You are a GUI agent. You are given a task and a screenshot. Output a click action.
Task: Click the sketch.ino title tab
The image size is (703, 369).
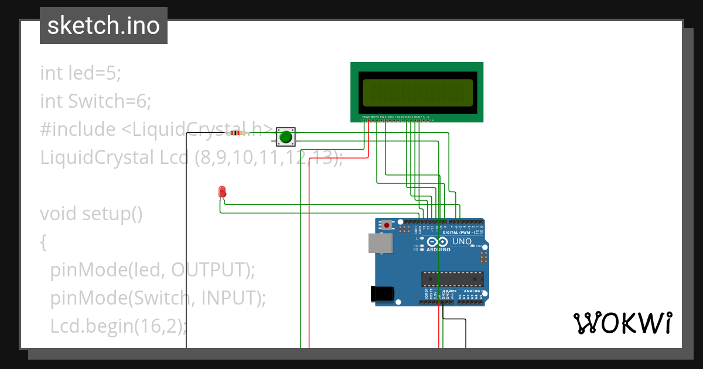click(104, 26)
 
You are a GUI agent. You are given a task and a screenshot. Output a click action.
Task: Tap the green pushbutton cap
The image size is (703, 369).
click(286, 137)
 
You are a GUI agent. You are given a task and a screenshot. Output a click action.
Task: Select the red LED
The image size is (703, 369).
click(222, 192)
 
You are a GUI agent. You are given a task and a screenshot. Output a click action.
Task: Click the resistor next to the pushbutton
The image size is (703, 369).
click(237, 133)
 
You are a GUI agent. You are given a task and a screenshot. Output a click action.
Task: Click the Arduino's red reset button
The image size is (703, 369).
click(387, 224)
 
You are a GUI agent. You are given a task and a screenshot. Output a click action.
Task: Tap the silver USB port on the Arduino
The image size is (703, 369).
click(380, 243)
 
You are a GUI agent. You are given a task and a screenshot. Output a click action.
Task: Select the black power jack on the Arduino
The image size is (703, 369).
click(381, 294)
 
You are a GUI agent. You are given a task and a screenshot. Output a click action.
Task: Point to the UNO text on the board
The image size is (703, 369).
click(462, 241)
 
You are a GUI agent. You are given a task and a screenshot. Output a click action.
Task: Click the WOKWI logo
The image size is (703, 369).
click(622, 323)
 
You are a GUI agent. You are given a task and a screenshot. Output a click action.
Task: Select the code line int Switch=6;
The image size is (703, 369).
click(95, 101)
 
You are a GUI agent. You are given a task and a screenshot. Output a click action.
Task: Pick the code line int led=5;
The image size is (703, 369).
click(80, 73)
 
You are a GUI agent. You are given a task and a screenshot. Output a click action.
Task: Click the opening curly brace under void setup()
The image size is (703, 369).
click(43, 242)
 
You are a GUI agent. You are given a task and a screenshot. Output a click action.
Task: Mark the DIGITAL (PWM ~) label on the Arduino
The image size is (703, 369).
click(459, 233)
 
